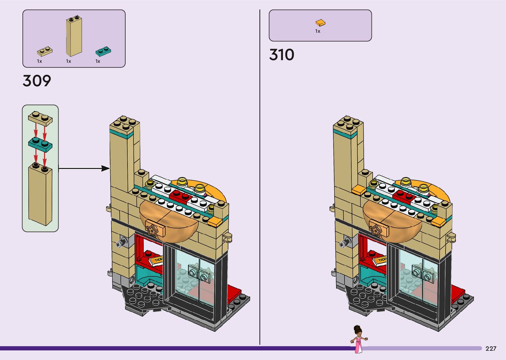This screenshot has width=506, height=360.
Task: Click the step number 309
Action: [x=37, y=81]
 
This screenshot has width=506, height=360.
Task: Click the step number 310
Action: [x=282, y=55]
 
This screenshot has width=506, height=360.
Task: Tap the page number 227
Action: [x=491, y=348]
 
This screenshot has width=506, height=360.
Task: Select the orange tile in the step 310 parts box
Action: [x=320, y=23]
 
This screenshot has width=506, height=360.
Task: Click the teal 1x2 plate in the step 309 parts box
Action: [x=103, y=51]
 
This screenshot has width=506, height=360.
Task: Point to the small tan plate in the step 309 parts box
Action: [x=45, y=52]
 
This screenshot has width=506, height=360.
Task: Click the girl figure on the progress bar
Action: [x=358, y=339]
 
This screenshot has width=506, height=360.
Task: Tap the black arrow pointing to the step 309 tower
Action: [x=84, y=169]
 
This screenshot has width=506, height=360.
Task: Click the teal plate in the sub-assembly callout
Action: [x=40, y=144]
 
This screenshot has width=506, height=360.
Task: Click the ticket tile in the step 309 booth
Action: [x=156, y=261]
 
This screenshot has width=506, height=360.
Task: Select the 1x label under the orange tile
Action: [x=318, y=31]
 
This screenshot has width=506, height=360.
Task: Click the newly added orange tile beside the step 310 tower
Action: [x=359, y=190]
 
